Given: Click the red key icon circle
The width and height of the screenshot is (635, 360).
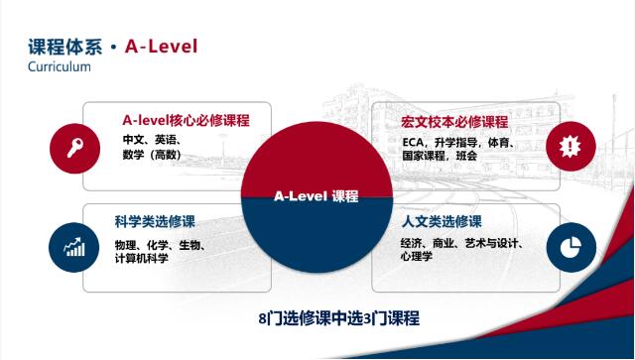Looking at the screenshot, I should (74, 148).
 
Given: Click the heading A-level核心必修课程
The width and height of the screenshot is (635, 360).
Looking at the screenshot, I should (186, 121).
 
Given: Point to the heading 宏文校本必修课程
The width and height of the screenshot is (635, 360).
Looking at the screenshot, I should (454, 122).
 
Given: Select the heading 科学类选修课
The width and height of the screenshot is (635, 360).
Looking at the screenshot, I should (154, 221).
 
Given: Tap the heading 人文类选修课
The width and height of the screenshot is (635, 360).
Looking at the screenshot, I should (442, 221).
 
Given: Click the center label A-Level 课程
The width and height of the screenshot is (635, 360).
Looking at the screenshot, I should (316, 196).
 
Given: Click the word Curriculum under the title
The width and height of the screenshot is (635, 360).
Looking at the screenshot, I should (60, 66).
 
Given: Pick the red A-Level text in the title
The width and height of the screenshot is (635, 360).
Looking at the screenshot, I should (162, 46).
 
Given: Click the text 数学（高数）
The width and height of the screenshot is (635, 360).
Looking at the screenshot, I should (151, 155).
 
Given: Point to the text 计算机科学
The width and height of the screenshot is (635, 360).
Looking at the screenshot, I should (141, 258).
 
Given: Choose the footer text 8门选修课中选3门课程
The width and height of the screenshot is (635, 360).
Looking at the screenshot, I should (338, 318).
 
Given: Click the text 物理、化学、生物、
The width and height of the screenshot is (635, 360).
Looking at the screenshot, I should (160, 244).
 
